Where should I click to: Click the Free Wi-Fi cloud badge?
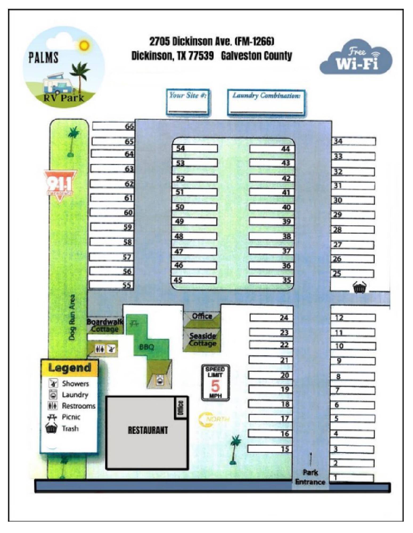click(356, 58)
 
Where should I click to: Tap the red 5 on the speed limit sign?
click(215, 385)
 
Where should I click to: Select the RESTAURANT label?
click(148, 430)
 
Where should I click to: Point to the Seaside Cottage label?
click(202, 340)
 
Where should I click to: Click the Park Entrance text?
click(310, 477)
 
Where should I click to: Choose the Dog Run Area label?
click(72, 317)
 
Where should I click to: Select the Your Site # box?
click(188, 102)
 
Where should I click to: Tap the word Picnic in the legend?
click(71, 417)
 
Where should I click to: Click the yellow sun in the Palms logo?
click(84, 46)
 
